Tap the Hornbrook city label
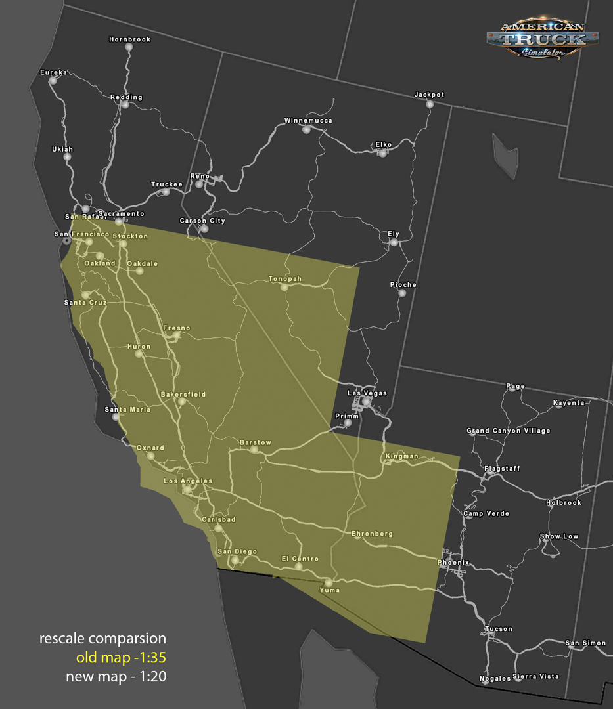(x=129, y=39)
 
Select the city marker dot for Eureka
(x=53, y=81)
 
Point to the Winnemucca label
(x=308, y=121)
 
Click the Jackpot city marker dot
(x=430, y=104)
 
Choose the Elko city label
(x=383, y=144)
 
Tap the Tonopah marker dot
(x=284, y=287)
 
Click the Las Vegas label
(x=367, y=393)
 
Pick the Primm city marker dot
(x=348, y=423)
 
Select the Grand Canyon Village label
(x=508, y=431)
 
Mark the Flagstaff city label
(x=502, y=469)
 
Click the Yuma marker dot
(x=329, y=582)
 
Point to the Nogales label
(x=495, y=679)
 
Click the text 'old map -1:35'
(x=121, y=658)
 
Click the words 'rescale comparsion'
(x=102, y=639)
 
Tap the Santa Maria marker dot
(x=116, y=417)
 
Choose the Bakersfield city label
(x=183, y=395)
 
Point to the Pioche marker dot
(x=402, y=293)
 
